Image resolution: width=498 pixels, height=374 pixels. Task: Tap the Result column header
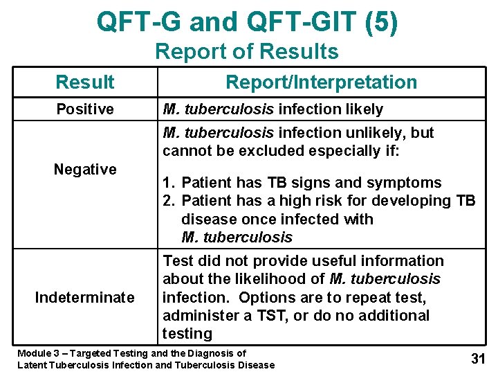coord(85,82)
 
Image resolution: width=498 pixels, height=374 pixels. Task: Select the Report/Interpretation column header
coord(322,82)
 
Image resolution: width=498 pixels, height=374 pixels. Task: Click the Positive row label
coord(85,109)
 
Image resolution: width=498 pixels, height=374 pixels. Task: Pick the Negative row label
coord(85,169)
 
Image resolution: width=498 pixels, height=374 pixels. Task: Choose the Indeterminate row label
coord(85,297)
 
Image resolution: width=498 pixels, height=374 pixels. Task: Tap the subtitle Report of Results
coord(247,51)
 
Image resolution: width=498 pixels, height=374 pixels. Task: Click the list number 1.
coord(167,183)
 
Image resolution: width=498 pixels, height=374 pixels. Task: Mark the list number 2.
coord(167,201)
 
